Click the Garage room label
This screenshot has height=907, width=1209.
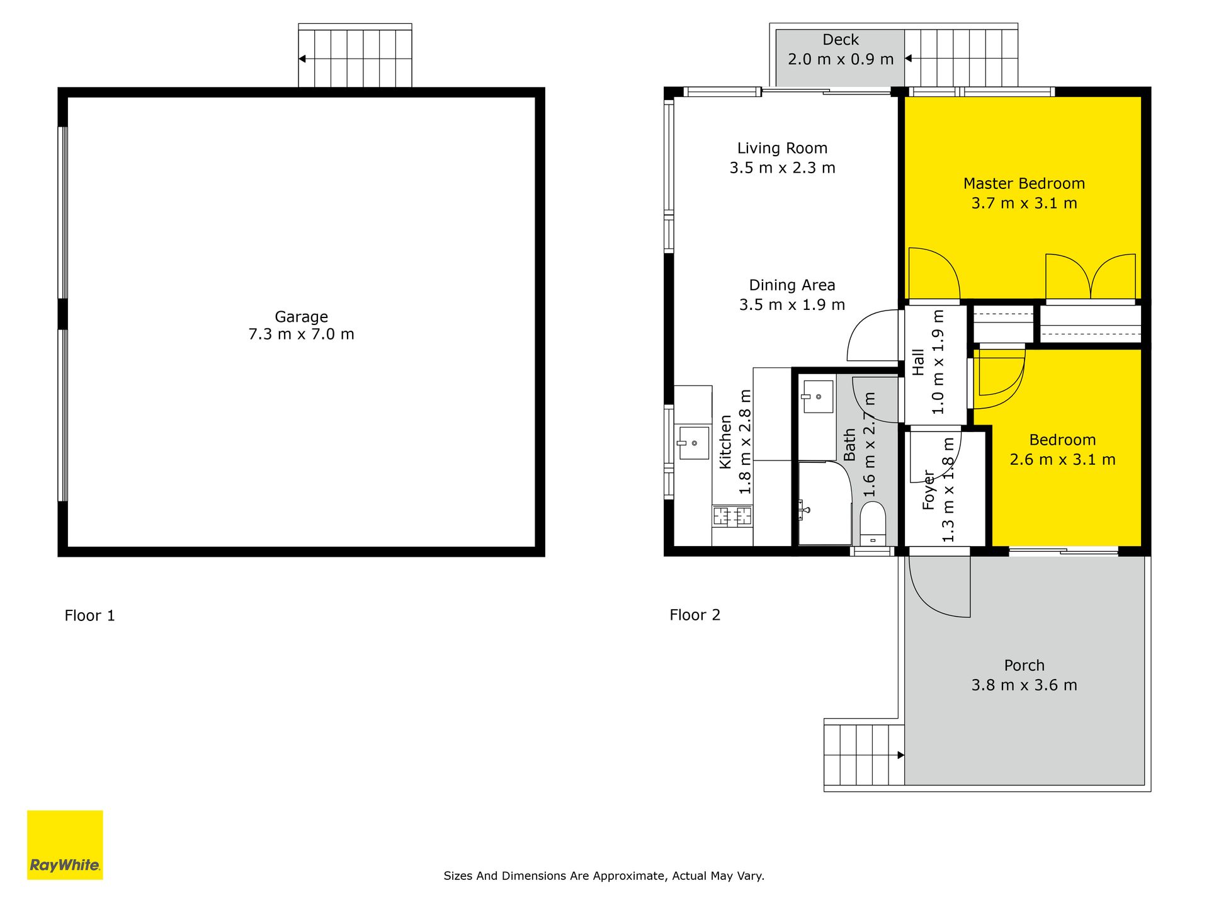tap(301, 316)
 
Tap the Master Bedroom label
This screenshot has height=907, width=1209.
tap(1024, 183)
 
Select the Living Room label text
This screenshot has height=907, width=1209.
tap(782, 149)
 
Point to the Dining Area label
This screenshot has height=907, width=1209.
tap(792, 285)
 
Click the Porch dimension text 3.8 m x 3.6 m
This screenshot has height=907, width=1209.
tap(1024, 685)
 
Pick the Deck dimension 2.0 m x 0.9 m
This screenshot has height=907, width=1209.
tap(841, 59)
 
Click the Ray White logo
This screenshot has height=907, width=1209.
tap(65, 845)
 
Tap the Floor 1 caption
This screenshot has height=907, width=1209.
tap(89, 615)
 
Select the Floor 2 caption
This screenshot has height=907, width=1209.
tap(695, 615)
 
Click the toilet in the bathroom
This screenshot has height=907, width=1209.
tap(873, 523)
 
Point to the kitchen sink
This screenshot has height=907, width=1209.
tap(693, 443)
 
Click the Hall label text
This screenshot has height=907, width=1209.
tap(918, 362)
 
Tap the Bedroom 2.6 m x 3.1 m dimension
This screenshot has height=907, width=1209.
tap(1062, 460)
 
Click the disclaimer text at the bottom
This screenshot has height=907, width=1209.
tap(604, 876)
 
